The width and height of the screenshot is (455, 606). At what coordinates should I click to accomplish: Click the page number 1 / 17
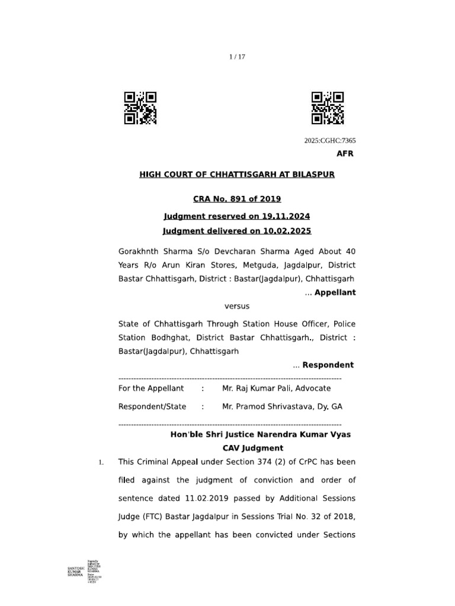click(237, 57)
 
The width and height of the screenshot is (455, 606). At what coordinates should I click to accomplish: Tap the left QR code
click(140, 108)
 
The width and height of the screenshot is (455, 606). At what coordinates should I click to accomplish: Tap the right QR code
click(328, 108)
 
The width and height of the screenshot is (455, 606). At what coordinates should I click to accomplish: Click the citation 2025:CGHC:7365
click(330, 141)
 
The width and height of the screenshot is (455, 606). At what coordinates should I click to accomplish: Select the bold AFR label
click(345, 154)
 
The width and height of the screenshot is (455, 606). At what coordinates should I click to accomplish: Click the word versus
click(237, 306)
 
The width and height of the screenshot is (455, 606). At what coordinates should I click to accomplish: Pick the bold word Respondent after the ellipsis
click(328, 365)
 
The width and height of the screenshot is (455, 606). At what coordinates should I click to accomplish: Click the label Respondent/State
click(152, 407)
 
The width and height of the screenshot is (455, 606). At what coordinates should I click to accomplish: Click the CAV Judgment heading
click(253, 448)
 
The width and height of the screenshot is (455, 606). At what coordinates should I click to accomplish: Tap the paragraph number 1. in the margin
click(101, 462)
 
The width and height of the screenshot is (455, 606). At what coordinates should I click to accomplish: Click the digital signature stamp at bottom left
click(83, 569)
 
